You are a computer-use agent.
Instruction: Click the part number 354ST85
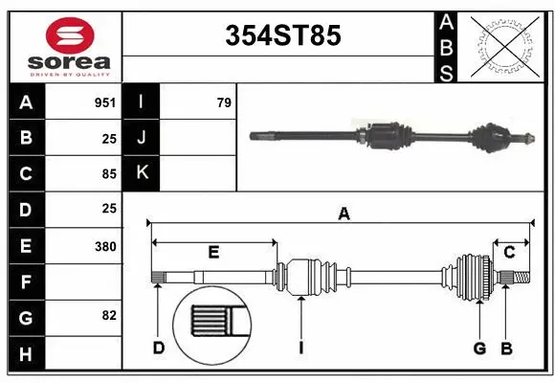[282, 36]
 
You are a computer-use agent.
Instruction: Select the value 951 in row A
[104, 102]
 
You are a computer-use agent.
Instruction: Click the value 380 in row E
[104, 246]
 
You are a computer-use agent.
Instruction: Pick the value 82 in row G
[108, 315]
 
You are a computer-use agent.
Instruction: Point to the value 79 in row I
[224, 102]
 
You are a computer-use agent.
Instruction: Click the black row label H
[26, 354]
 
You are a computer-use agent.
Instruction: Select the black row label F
[26, 282]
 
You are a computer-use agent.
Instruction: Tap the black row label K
[142, 173]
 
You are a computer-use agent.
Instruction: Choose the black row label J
[142, 138]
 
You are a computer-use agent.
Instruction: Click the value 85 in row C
[108, 174]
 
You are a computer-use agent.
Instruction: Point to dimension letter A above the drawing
[344, 214]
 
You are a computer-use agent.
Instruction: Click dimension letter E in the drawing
[213, 252]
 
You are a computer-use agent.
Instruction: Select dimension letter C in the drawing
[509, 252]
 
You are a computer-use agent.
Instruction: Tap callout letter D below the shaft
[159, 348]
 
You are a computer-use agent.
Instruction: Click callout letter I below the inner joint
[300, 348]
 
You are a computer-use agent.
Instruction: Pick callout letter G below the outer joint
[480, 348]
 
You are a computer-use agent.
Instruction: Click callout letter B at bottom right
[507, 348]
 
